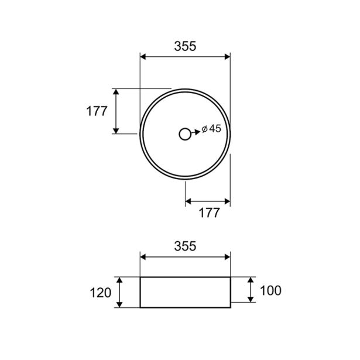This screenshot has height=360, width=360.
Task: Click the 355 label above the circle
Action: [x=185, y=46]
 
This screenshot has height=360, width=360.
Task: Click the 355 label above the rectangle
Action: [x=185, y=246]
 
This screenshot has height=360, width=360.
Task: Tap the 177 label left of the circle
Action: [x=97, y=111]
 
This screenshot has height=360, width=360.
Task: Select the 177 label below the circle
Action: [x=209, y=213]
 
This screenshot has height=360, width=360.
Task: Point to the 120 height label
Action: [x=100, y=293]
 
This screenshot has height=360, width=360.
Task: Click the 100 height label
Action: [x=270, y=291]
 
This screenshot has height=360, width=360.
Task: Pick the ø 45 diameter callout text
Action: [x=211, y=129]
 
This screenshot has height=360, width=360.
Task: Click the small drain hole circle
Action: [x=185, y=134]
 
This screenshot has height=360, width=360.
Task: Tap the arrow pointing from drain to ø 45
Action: [x=196, y=132]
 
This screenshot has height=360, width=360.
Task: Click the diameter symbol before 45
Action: [x=204, y=129]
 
